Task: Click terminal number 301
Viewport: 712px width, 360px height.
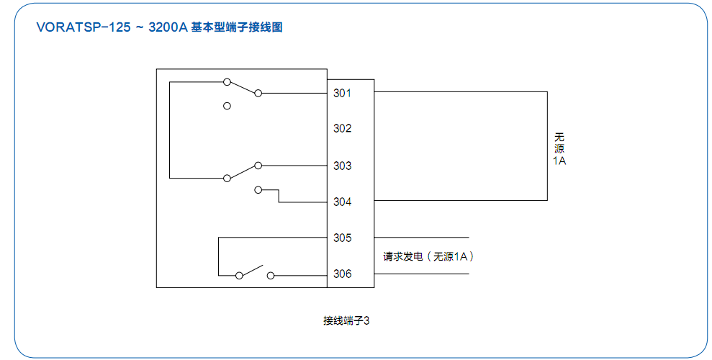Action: click(x=342, y=93)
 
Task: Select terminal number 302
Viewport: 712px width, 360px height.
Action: click(x=342, y=128)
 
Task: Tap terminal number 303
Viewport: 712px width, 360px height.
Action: click(x=342, y=166)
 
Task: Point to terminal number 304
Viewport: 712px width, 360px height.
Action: click(x=342, y=202)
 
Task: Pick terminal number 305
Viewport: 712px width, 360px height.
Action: click(x=342, y=238)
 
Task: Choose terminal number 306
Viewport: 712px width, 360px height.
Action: click(x=342, y=274)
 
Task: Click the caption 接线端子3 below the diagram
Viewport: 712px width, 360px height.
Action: click(x=346, y=320)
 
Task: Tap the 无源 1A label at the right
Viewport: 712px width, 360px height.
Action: click(x=559, y=148)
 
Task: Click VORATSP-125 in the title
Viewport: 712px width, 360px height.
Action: click(x=84, y=28)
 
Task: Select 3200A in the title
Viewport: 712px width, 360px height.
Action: click(x=167, y=28)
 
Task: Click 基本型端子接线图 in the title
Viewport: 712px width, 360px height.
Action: click(x=237, y=28)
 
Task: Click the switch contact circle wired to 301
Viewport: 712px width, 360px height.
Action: click(x=258, y=93)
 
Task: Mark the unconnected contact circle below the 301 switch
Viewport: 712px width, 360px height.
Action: click(x=227, y=106)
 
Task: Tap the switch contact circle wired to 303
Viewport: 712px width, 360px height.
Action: click(x=258, y=166)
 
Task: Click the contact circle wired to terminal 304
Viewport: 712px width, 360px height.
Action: click(x=258, y=190)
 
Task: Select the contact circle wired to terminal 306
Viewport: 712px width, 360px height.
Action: click(x=271, y=274)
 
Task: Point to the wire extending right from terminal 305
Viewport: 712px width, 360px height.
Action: click(x=421, y=238)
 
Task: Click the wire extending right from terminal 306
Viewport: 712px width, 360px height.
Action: click(x=421, y=274)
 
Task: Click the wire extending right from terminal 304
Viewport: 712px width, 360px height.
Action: click(x=461, y=201)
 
